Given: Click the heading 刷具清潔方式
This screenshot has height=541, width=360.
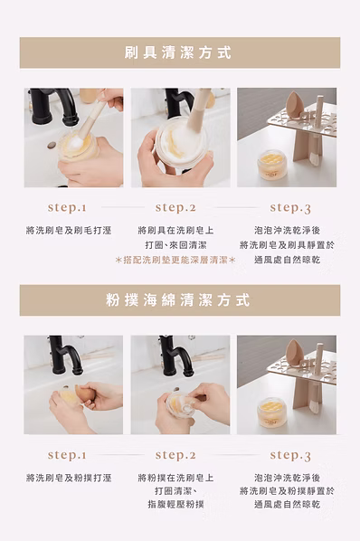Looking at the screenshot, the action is (178, 52).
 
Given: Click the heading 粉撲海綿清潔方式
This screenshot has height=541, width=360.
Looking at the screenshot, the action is (178, 300).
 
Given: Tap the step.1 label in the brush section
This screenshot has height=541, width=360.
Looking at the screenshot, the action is (67, 207).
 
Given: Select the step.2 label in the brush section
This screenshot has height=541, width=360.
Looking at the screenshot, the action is (175, 207).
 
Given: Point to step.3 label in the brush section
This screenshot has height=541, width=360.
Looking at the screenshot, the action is (290, 208).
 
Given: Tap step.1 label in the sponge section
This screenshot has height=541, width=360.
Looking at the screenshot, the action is (67, 455).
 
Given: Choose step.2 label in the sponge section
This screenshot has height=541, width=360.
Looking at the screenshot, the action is (175, 455).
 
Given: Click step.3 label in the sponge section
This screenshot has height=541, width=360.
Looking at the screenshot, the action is (290, 455).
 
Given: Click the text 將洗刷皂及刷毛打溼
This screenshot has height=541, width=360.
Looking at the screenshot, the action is (69, 230).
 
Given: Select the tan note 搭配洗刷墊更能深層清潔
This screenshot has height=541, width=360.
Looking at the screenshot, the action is (175, 260).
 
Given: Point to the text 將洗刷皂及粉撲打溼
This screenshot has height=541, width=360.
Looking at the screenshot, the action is (69, 478).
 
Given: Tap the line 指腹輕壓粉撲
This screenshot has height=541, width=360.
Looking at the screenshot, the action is (175, 504).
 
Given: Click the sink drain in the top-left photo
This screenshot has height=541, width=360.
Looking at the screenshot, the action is (52, 145).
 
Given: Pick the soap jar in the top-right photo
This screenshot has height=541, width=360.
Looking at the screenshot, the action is (272, 165).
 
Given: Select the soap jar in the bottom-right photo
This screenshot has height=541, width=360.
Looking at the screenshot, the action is (272, 413).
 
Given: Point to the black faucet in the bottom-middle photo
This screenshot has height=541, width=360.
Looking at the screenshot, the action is (175, 356).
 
